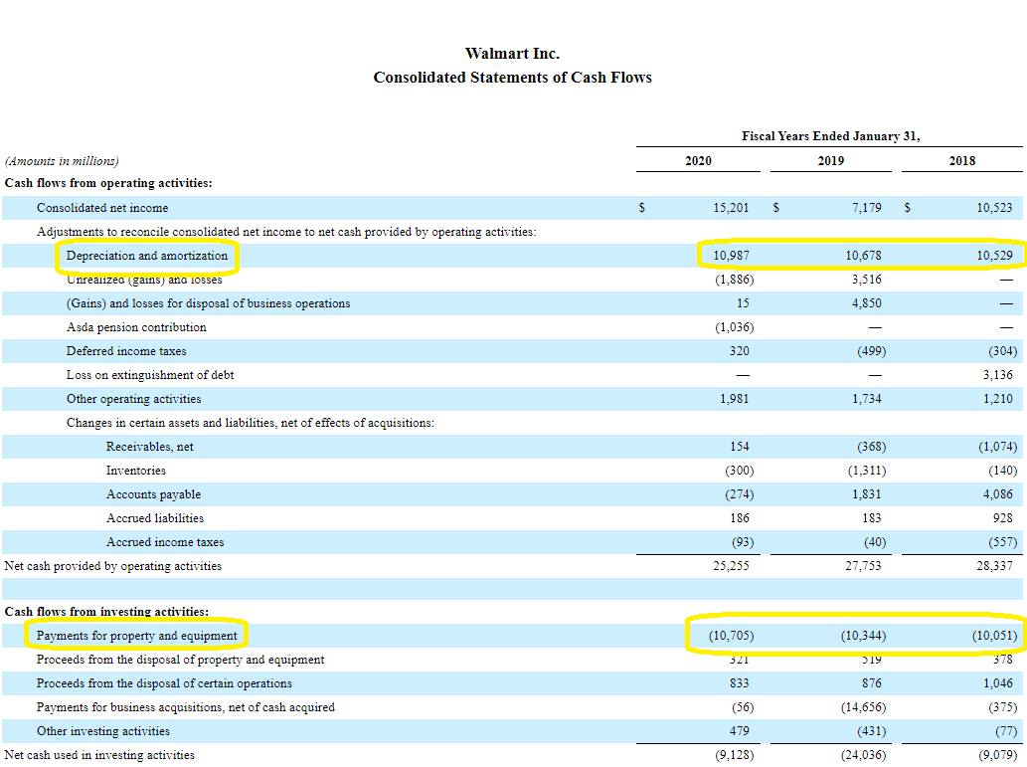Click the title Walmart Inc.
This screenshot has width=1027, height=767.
point(512,53)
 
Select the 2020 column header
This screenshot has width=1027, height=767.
point(698,160)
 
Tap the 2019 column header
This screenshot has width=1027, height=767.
point(831,160)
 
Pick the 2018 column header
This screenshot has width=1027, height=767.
point(962,160)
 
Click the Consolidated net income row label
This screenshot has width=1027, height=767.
point(102,208)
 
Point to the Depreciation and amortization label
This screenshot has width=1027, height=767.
point(147,256)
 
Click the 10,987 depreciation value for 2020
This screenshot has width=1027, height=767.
point(732,256)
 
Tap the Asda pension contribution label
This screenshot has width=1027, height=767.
point(136,327)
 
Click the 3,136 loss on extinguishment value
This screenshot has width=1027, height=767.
point(996,375)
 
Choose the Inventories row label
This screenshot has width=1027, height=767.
point(136,471)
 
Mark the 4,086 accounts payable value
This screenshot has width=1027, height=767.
point(996,494)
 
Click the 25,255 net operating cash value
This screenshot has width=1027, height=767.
point(732,566)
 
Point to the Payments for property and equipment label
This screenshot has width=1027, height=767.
point(137,636)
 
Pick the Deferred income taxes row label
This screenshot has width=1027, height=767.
point(126,351)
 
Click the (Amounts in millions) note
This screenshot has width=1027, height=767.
point(62,161)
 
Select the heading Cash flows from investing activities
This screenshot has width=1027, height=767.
point(107,612)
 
